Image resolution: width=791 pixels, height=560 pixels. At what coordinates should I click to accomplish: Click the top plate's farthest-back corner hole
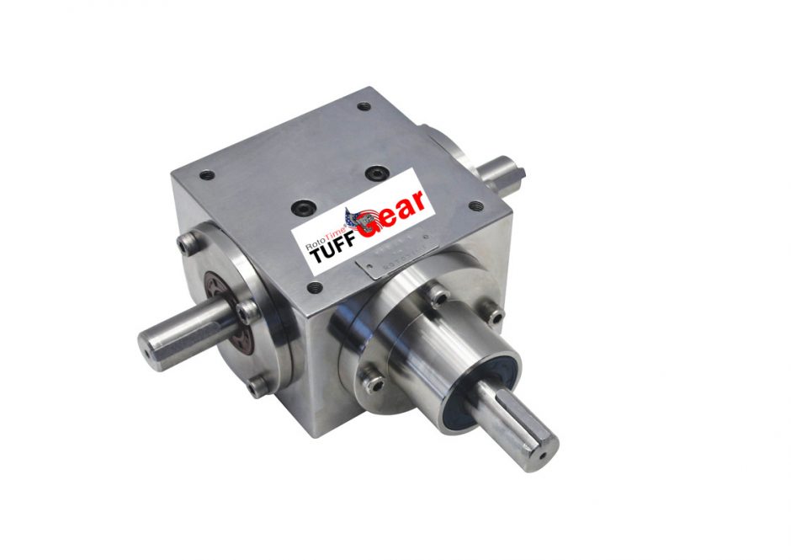pyautogui.click(x=364, y=107)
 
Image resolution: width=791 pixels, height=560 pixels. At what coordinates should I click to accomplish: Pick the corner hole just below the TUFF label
pyautogui.click(x=316, y=287)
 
